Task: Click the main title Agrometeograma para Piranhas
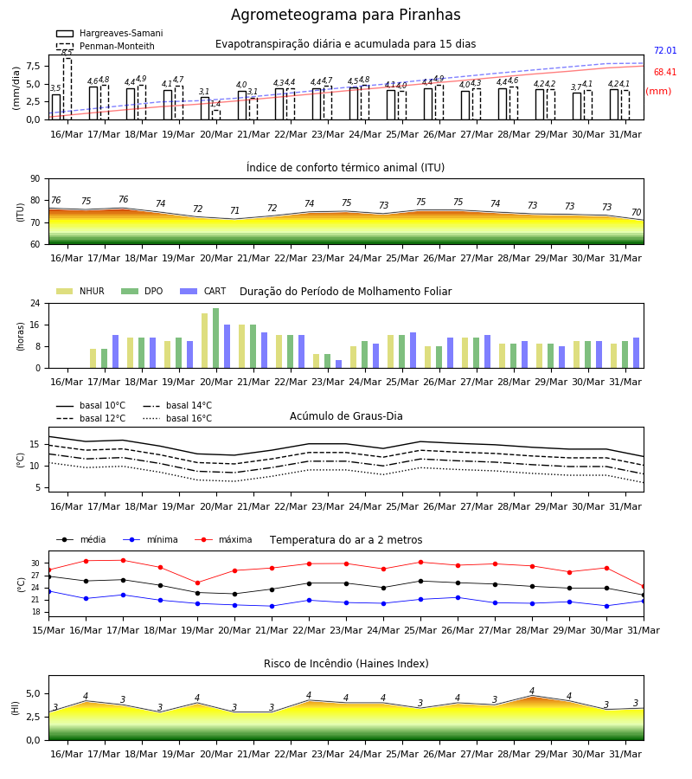pos(345,15)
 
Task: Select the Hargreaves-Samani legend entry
pos(110,33)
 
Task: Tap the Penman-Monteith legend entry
pos(106,46)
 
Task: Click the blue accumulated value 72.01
pos(665,51)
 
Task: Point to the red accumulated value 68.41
pos(665,72)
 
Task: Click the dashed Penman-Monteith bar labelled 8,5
pos(67,88)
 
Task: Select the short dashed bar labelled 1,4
pos(216,115)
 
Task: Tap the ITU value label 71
pos(234,210)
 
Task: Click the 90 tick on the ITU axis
pos(35,179)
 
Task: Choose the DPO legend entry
pos(142,291)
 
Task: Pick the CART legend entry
pos(203,291)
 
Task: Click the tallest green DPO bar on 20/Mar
pos(216,338)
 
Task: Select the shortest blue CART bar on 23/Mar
pos(338,364)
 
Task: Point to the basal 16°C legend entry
pos(177,418)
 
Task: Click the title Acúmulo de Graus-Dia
pos(346,415)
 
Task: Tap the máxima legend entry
pos(223,539)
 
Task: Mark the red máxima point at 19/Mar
pos(197,583)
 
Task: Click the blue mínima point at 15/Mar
pos(48,591)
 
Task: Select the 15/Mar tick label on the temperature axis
pos(48,630)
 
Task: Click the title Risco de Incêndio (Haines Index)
pos(346,664)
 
